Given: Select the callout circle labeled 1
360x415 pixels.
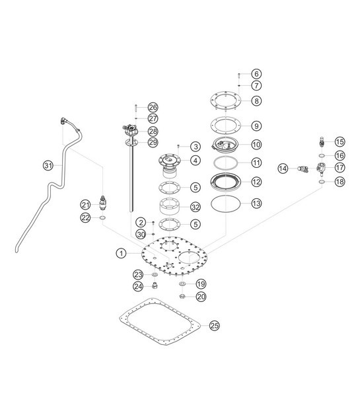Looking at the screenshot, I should [122, 252].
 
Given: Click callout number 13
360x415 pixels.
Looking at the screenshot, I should [256, 203].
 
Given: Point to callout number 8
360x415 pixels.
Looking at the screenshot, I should [256, 101].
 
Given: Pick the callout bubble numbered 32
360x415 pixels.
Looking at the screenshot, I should [195, 207].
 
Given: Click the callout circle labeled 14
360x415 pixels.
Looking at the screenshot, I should [283, 169].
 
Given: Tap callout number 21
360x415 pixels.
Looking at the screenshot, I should [86, 204].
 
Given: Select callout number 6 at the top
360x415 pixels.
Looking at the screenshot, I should [256, 73].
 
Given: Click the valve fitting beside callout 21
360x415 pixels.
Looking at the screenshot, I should [103, 200].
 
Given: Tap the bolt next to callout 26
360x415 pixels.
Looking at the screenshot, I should [135, 107].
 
